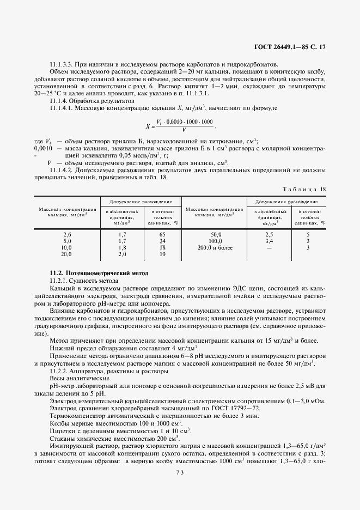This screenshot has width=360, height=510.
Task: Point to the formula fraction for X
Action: pyautogui.click(x=185, y=125)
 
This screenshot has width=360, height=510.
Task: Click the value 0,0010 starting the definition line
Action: pyautogui.click(x=43, y=148)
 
